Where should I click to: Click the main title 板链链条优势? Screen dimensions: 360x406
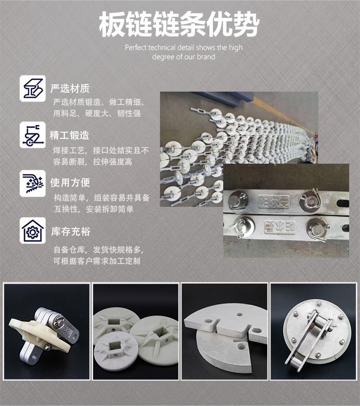(179, 24)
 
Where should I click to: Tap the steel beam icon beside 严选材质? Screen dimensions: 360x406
(32, 89)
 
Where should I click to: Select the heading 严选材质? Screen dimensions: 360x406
(70, 89)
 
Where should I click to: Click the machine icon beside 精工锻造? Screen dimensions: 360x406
(32, 135)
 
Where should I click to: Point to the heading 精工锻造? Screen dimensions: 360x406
(69, 135)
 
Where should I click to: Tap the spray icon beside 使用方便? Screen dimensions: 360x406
(32, 183)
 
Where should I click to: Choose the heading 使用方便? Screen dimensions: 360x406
(70, 183)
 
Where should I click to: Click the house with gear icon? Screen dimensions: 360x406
(32, 231)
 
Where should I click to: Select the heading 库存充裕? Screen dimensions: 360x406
(70, 232)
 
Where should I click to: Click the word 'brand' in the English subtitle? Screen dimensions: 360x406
(206, 57)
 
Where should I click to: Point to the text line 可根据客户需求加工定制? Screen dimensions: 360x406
(97, 261)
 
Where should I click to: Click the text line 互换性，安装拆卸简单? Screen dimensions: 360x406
(94, 209)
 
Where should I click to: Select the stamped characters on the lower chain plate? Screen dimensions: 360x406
(280, 227)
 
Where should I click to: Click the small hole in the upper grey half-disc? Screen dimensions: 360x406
(239, 314)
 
